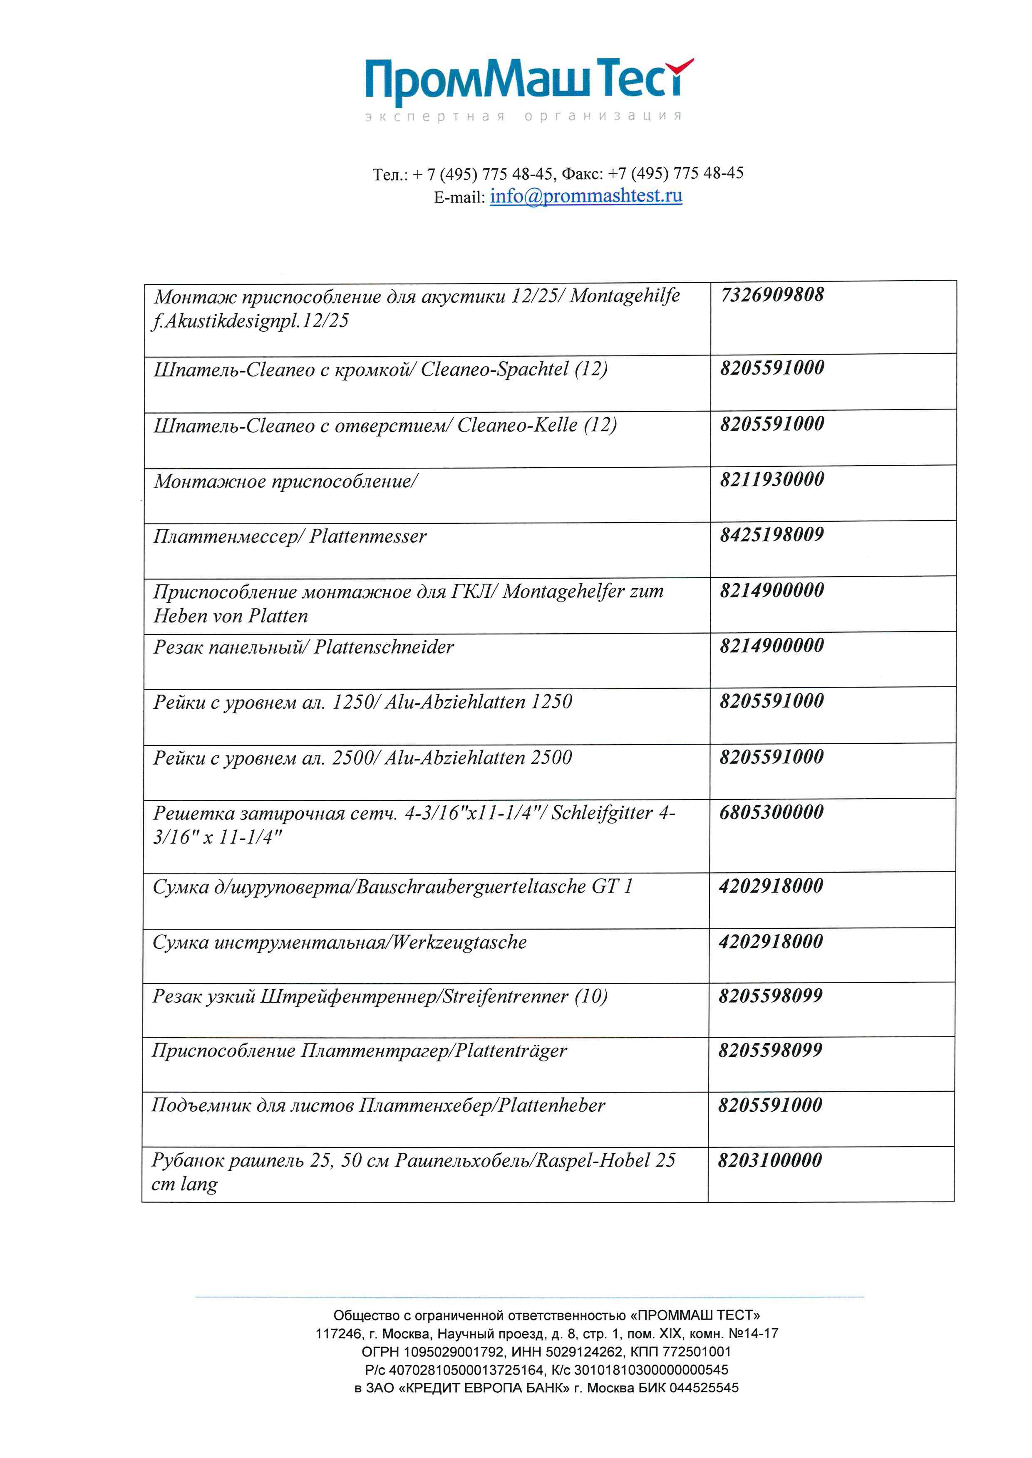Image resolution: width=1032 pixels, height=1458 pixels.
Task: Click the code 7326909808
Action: point(772,295)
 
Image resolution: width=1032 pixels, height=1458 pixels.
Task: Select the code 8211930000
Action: point(772,479)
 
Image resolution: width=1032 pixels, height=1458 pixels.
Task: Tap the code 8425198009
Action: point(772,535)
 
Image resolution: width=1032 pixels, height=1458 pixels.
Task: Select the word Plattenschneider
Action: point(384,647)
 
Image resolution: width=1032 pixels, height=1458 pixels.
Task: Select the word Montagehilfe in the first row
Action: point(624,296)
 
